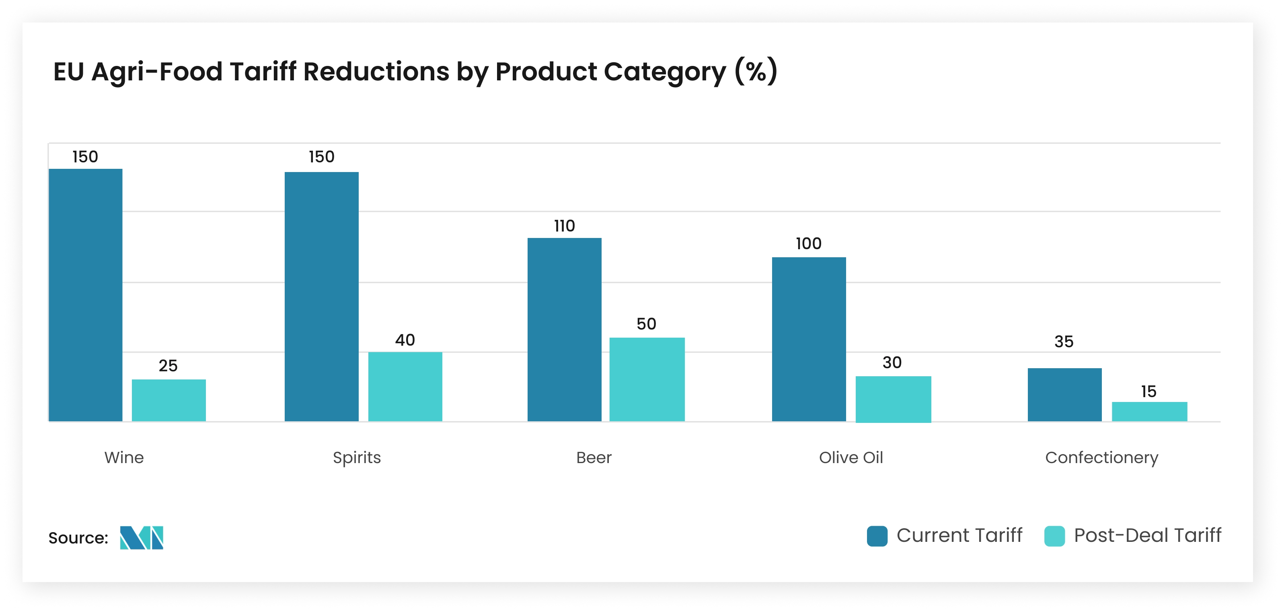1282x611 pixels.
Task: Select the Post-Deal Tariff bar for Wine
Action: tap(169, 400)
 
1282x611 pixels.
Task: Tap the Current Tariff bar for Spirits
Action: tap(321, 297)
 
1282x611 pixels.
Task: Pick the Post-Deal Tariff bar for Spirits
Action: tap(405, 387)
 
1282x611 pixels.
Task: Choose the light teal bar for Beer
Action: tap(647, 379)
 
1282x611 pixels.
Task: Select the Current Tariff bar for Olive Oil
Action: tap(809, 339)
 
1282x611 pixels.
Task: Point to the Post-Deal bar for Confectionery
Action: tap(1150, 412)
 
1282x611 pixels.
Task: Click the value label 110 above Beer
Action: tap(564, 226)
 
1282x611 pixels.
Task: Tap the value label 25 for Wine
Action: tap(168, 366)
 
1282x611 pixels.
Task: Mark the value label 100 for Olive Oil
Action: tap(808, 243)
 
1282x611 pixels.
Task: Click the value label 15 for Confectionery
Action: tap(1148, 392)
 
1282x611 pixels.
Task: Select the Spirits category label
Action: tap(357, 457)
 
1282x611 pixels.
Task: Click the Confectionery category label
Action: tap(1101, 457)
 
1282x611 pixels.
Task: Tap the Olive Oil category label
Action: tap(851, 457)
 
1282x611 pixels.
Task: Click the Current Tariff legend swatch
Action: tap(877, 536)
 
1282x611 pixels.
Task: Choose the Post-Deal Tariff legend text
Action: tap(1147, 535)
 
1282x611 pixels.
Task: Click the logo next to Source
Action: tap(142, 537)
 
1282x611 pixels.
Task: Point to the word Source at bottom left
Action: tap(78, 538)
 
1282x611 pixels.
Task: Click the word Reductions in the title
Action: tap(376, 72)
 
